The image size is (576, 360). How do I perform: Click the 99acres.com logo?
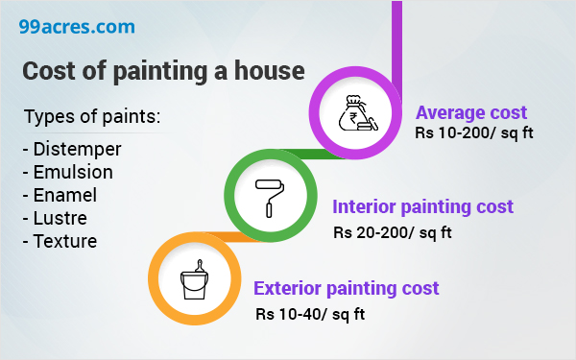click(x=76, y=26)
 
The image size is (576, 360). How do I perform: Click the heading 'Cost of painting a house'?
click(x=163, y=72)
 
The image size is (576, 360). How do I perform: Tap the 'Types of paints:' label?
click(x=92, y=118)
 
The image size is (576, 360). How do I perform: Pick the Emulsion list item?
click(x=72, y=172)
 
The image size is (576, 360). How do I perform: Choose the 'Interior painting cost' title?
click(x=422, y=206)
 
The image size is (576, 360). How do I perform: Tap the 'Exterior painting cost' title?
click(x=346, y=288)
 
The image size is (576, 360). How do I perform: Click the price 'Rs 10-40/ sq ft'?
click(x=310, y=313)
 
